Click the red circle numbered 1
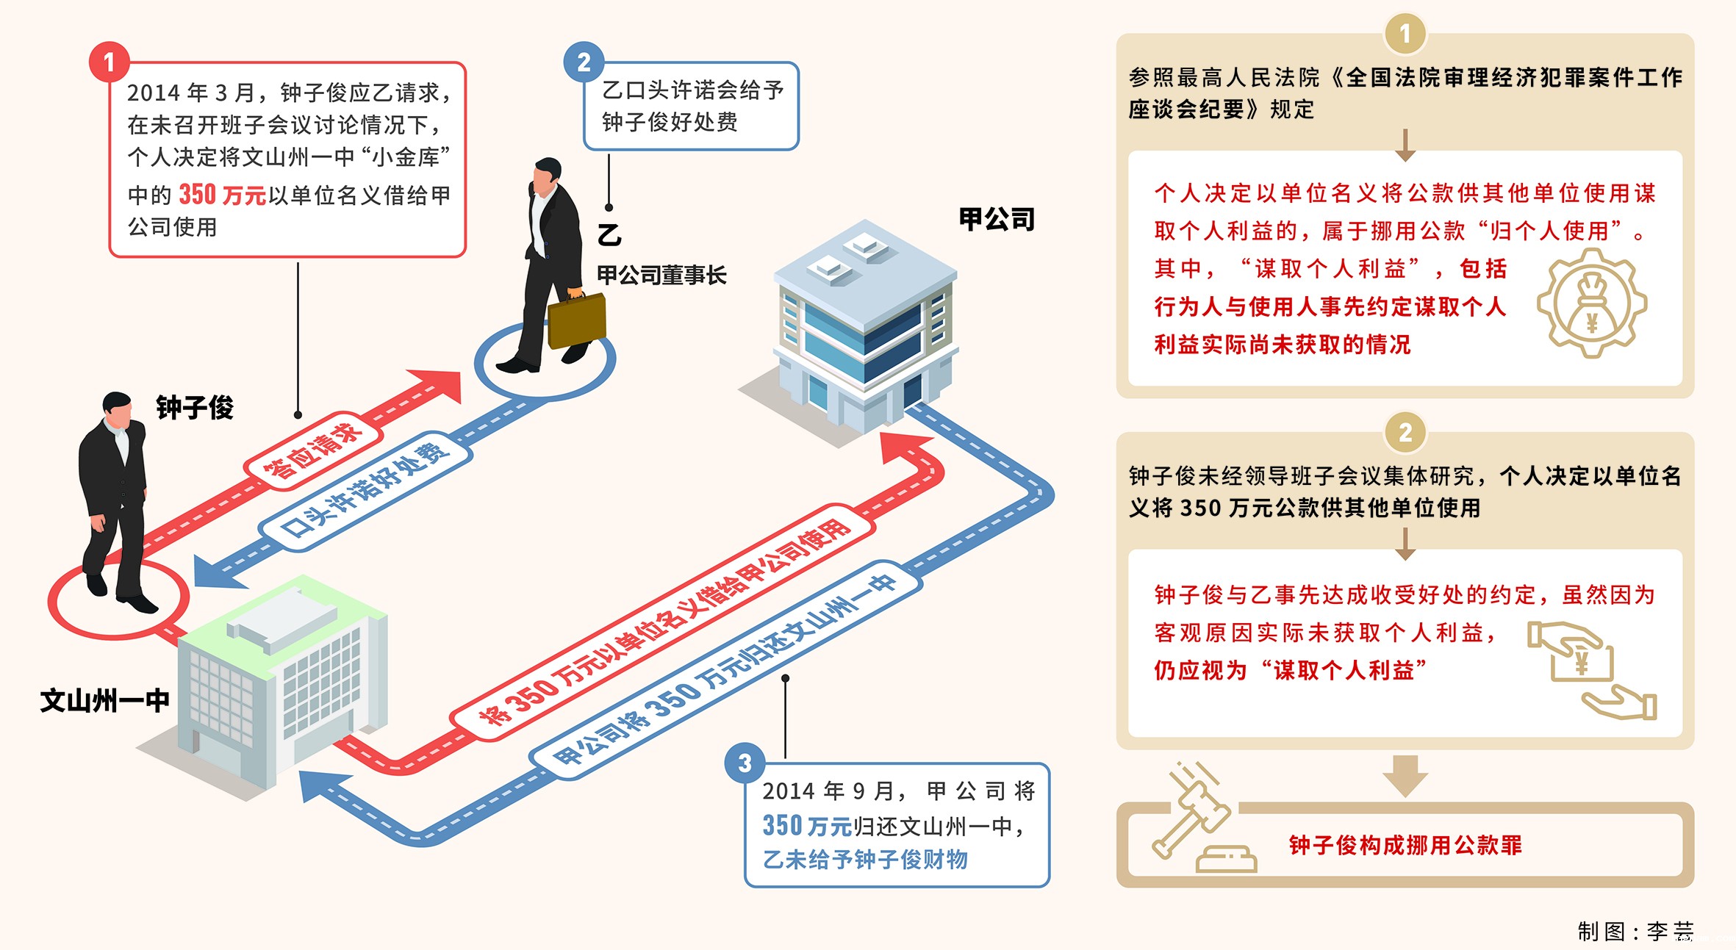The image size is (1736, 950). point(110,62)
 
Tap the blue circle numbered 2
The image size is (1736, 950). point(584,62)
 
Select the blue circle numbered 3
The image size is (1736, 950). point(745,763)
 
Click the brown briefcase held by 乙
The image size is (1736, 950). point(577,321)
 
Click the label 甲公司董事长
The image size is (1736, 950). point(661,276)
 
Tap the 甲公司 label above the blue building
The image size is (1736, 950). point(997,219)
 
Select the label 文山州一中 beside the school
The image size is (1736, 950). point(104,700)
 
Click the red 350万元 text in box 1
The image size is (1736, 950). point(222,195)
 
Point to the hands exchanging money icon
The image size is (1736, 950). point(1591,669)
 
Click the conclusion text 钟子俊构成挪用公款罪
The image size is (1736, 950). point(1405,845)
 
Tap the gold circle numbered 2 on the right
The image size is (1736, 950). point(1405,433)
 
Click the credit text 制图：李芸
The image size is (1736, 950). point(1635,931)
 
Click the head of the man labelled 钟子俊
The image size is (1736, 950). point(117,411)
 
